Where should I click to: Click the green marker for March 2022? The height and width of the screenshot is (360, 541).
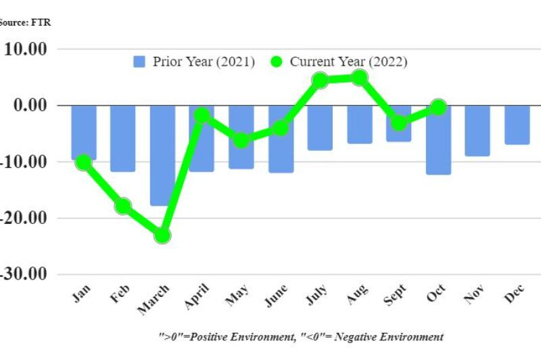coord(162,235)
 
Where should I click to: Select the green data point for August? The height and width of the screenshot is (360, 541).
coord(360,78)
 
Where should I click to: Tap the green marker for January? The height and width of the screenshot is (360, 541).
coord(83,162)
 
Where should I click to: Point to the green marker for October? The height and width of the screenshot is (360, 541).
coord(438,107)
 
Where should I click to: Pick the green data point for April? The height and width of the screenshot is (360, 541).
coord(202,116)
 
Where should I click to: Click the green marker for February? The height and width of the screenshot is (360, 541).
coord(123,206)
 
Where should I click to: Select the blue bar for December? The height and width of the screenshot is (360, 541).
coord(517,125)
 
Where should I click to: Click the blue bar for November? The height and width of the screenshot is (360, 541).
coord(478,131)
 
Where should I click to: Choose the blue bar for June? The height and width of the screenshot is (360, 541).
coord(281,139)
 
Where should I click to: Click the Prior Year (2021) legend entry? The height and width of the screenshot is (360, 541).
coord(194,62)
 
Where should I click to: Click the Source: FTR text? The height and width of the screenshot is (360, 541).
coord(25,22)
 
